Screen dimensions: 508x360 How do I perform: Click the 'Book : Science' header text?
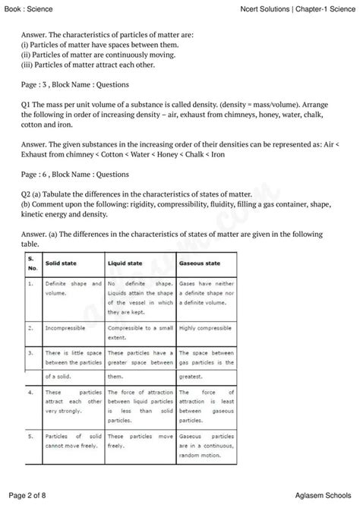point(30,7)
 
